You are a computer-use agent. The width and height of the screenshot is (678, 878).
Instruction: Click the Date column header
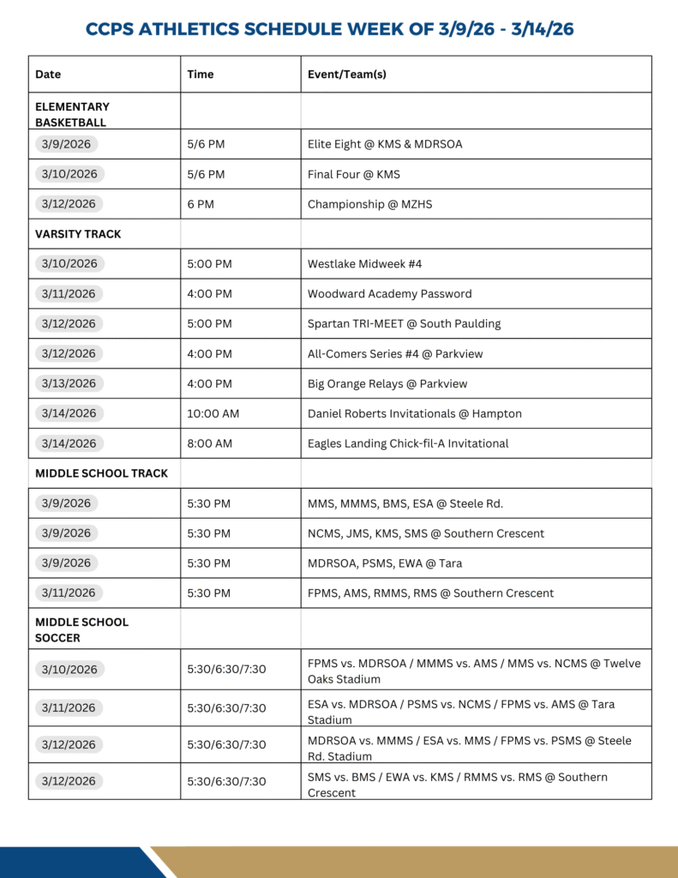tap(48, 75)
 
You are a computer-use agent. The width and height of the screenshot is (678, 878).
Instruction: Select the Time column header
tap(201, 75)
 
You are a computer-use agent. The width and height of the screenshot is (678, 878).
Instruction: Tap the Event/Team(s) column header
tap(347, 75)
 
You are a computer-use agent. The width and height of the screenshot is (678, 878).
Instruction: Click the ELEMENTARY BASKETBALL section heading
tap(72, 114)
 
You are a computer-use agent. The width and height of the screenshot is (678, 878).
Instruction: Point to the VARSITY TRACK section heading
tap(78, 234)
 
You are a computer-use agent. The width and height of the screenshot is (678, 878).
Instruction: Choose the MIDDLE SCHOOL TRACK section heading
tap(101, 473)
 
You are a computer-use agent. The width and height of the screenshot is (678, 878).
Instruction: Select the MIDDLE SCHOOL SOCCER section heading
tap(81, 629)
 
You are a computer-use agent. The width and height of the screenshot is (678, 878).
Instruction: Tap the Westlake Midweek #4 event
tap(364, 264)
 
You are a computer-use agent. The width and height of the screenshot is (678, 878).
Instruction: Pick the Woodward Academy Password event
tap(389, 294)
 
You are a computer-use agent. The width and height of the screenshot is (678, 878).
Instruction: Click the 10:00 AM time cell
tap(213, 413)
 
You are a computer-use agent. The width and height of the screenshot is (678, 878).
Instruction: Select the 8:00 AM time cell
tap(209, 443)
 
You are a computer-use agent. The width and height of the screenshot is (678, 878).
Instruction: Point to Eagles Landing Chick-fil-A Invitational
tap(408, 443)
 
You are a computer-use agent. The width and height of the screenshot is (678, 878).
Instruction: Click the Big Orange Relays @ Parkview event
tap(387, 383)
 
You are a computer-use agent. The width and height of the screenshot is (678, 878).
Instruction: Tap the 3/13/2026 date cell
tap(69, 383)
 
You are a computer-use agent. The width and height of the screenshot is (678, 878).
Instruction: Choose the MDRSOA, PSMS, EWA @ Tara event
tap(385, 563)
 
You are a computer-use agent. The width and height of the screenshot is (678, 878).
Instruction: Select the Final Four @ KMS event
tap(353, 174)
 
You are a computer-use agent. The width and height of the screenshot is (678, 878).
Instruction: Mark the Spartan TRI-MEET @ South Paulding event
tap(404, 324)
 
